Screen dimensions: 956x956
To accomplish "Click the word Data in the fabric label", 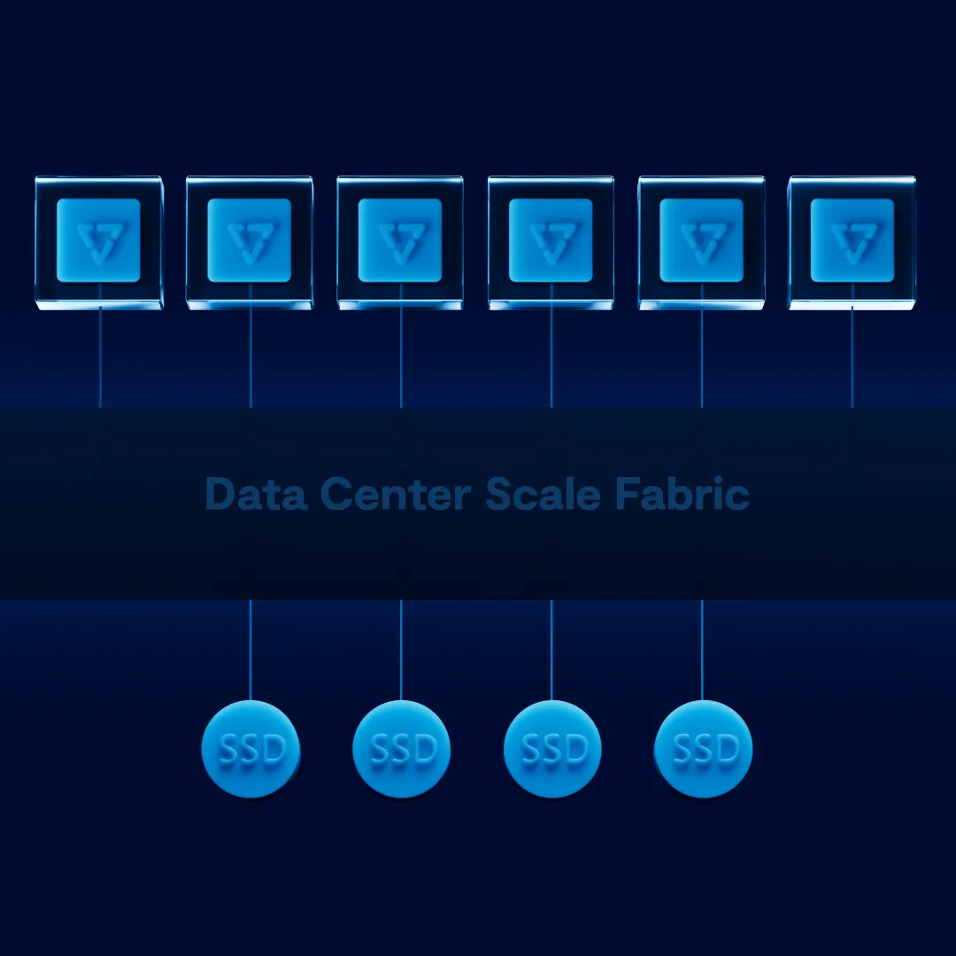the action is (x=244, y=494).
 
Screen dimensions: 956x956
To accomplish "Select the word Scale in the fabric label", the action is (x=543, y=494).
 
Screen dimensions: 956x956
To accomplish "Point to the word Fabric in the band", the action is (x=681, y=494).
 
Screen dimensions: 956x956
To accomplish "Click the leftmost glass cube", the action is (x=98, y=242).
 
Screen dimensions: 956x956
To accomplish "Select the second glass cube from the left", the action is (x=249, y=242).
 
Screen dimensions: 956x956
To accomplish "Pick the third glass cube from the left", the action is (x=400, y=242).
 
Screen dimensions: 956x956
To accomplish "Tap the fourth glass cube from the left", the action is (x=551, y=242).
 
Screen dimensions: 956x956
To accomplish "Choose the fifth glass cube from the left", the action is (x=701, y=242).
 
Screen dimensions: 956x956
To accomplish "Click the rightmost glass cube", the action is (x=852, y=242).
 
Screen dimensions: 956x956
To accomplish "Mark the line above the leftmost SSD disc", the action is (x=251, y=651).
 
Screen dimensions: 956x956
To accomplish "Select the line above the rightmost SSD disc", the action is (x=702, y=651).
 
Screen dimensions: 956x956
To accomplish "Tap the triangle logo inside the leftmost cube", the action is (x=98, y=241).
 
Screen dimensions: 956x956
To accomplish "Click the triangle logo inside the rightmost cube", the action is (x=852, y=241).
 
